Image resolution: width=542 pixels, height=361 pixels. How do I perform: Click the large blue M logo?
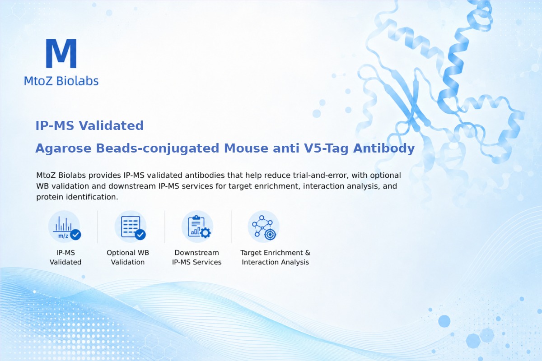coord(61,53)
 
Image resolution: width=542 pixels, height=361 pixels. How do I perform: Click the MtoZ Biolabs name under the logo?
coord(61,81)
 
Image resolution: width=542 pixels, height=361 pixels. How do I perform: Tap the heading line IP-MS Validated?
coord(89,126)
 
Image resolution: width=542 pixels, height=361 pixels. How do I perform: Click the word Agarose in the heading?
coord(63,148)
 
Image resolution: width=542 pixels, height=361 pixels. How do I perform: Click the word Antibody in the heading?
coord(384,148)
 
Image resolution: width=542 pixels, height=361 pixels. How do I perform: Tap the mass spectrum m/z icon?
coord(64,227)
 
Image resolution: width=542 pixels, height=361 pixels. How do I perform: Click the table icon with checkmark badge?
coord(131,227)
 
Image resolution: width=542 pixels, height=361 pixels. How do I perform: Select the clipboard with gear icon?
coord(197,227)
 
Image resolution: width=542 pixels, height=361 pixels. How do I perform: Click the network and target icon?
coord(263,227)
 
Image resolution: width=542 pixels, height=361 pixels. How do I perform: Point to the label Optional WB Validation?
coord(128,257)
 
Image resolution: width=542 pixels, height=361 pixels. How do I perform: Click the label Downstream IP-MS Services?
coord(197,257)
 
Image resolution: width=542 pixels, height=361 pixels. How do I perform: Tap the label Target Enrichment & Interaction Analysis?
coord(276,257)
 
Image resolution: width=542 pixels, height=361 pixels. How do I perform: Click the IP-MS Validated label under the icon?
coord(65,257)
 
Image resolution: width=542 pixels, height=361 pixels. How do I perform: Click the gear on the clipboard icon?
coord(206,233)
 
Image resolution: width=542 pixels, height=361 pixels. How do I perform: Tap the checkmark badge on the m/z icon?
coord(75,234)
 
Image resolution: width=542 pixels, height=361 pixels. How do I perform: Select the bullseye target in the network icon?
coord(270,235)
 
